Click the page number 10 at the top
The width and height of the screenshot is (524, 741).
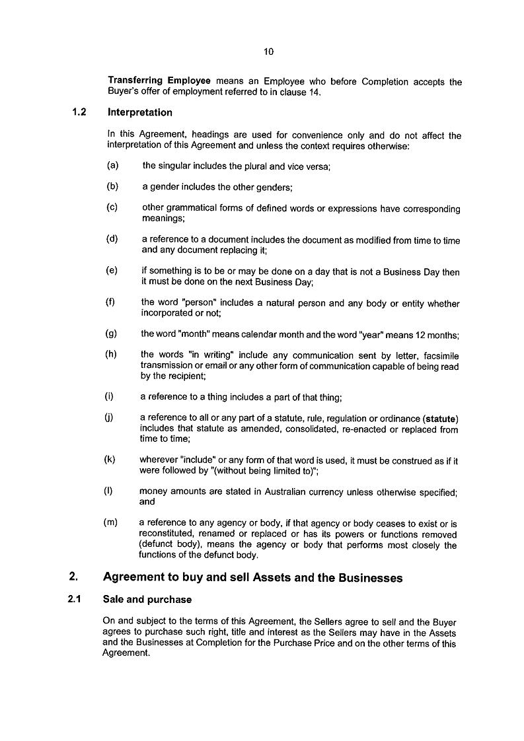pos(268,52)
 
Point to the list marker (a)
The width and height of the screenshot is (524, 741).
pos(112,166)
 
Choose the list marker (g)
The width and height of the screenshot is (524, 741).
pos(112,334)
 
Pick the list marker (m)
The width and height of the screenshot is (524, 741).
pos(111,522)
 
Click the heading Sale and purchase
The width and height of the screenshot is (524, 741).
pos(147,600)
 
